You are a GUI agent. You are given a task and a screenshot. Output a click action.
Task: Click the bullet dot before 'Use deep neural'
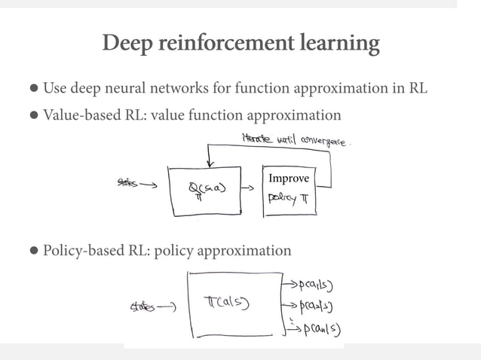[x=35, y=89]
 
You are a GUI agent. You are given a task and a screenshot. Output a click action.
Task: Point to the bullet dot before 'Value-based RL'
[x=35, y=116]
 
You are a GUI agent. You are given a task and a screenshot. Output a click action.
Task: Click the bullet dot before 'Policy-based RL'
[x=35, y=251]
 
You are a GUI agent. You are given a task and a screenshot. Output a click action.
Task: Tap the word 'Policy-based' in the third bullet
[x=82, y=250]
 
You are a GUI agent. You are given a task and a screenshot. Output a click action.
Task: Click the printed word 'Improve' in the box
[x=287, y=178]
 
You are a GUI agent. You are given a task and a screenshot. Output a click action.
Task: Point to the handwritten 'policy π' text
[x=288, y=200]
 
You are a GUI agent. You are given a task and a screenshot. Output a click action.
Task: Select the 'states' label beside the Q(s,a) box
[x=130, y=182]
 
